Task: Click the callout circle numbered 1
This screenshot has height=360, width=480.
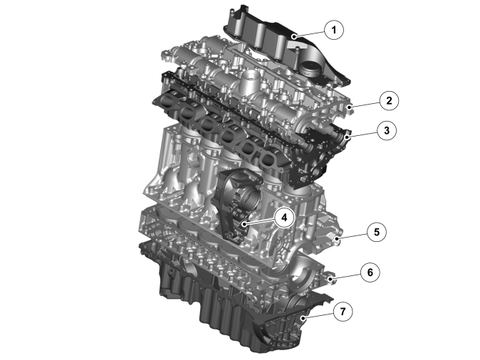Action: click(x=334, y=30)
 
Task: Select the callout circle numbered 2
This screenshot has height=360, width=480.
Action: click(x=389, y=100)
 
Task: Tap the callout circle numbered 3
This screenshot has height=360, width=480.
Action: click(x=387, y=131)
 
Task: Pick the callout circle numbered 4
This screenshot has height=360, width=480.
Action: click(x=284, y=218)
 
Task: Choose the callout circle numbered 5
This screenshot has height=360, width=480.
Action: click(x=377, y=232)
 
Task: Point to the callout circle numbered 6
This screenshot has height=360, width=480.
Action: click(x=370, y=272)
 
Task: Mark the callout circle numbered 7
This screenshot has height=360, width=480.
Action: click(x=343, y=312)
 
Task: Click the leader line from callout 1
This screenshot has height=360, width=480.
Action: click(x=309, y=34)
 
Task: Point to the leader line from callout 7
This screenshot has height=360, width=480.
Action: click(x=318, y=315)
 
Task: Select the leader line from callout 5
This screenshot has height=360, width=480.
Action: click(x=353, y=235)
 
